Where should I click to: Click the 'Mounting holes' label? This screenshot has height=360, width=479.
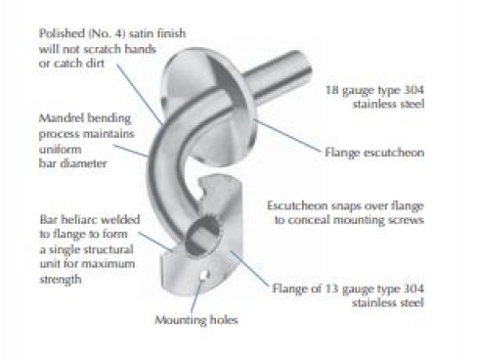pos(196,320)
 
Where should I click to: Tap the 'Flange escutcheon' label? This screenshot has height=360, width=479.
pos(374,153)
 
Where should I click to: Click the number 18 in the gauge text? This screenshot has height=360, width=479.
pos(332,90)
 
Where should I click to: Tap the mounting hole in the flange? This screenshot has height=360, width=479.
pos(203,276)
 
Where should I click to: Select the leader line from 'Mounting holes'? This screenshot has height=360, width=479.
pos(196,295)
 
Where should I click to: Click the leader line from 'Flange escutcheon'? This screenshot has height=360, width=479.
pos(287,135)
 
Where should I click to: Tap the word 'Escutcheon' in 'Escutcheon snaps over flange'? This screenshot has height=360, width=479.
pos(297,205)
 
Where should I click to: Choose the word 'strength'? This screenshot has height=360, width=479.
pos(61,279)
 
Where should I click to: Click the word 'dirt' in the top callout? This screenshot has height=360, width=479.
pos(95,63)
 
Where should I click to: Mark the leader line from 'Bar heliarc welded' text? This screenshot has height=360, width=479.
pos(155,242)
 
